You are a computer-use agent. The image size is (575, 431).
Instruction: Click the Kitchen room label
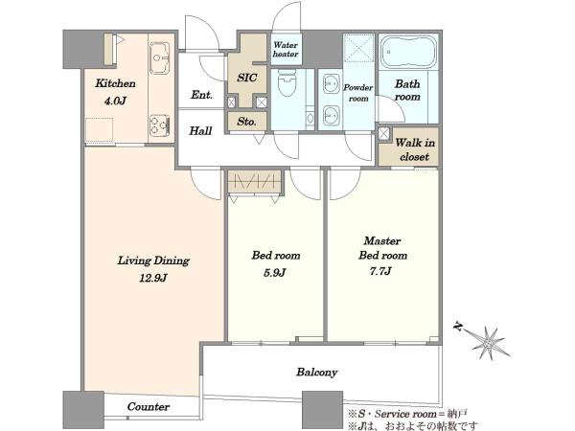click(116, 83)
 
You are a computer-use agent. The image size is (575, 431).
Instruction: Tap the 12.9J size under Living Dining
click(153, 278)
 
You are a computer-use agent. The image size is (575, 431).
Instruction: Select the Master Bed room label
click(382, 248)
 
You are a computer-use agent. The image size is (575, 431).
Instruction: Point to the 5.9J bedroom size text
click(275, 273)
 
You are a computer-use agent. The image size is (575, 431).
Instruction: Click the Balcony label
click(317, 373)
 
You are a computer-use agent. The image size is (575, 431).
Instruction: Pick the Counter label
click(149, 406)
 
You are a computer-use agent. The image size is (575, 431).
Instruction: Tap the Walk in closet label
click(415, 149)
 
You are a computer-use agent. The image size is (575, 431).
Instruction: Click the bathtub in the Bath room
click(408, 52)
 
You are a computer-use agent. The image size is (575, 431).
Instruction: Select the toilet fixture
click(287, 82)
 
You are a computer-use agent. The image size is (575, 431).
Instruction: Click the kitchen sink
click(159, 58)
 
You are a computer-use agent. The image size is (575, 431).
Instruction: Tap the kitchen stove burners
click(159, 125)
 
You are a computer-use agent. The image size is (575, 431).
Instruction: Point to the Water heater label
click(286, 50)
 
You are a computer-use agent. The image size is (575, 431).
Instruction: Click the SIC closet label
click(247, 78)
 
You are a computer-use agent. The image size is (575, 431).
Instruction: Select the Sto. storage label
click(246, 122)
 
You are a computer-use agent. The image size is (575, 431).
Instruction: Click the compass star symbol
click(489, 343)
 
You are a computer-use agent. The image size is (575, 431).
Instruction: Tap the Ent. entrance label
click(201, 95)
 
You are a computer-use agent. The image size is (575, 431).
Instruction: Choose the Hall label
click(200, 131)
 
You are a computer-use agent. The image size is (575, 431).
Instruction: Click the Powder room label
click(358, 93)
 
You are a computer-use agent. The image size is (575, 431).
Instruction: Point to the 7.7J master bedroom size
click(380, 271)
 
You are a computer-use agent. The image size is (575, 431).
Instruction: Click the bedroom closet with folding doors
click(255, 181)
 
